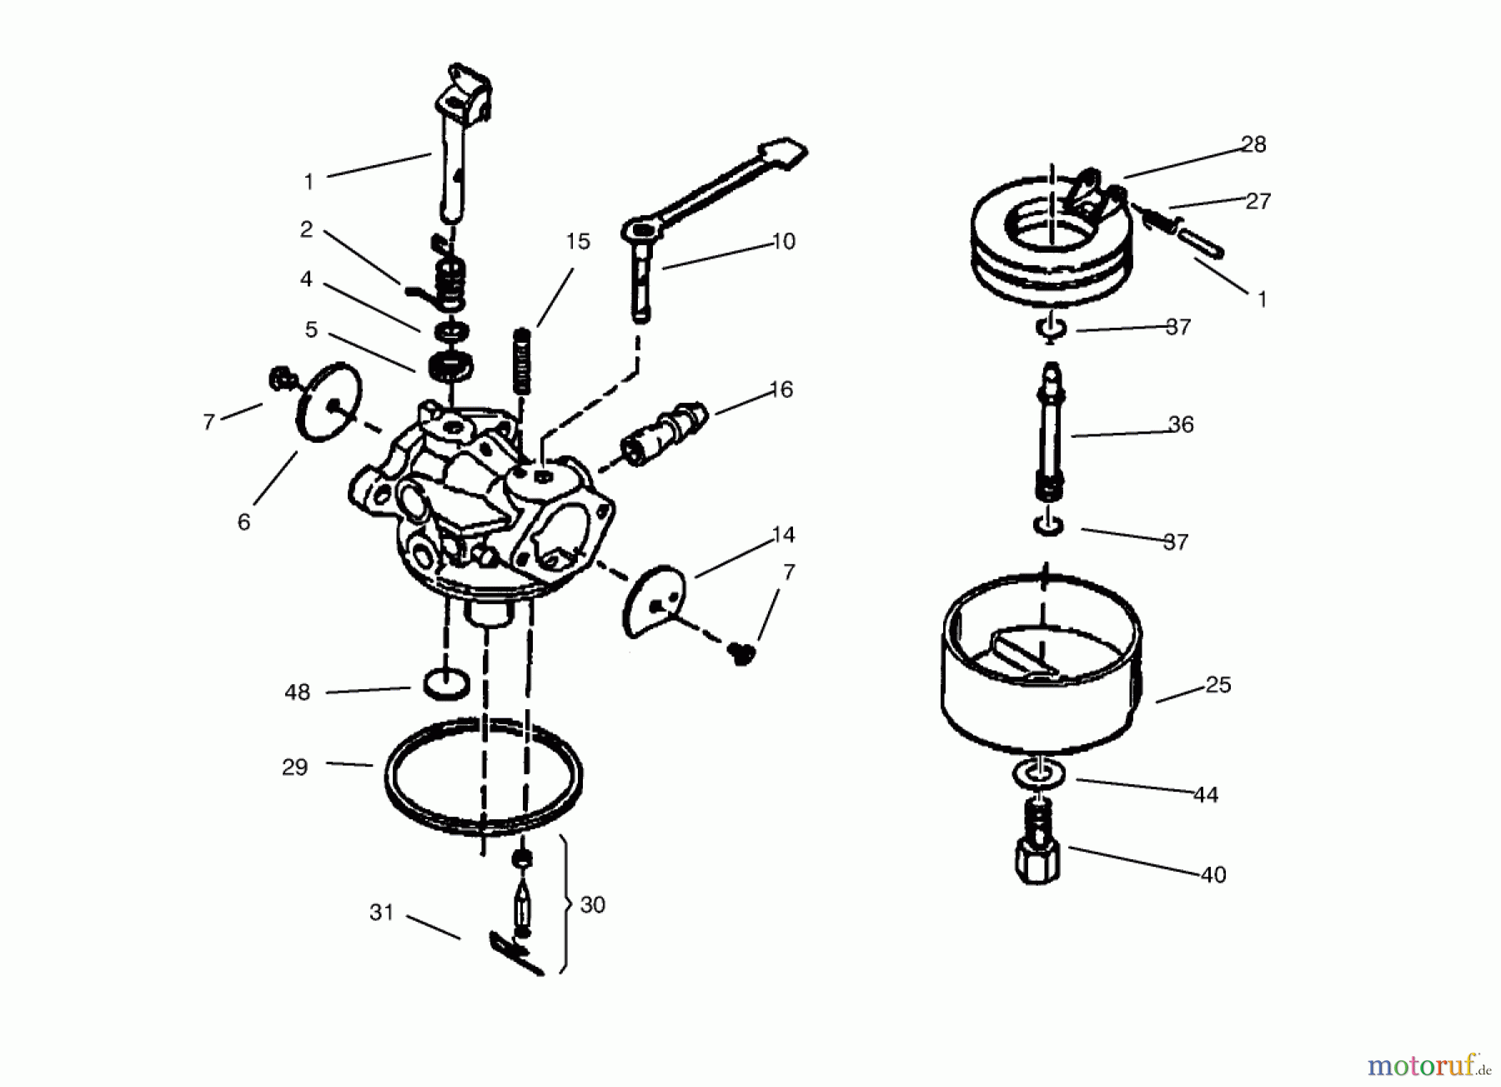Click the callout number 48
(x=297, y=692)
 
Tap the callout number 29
(x=294, y=767)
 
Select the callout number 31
(x=381, y=913)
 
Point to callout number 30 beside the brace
(x=592, y=905)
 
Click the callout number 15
(x=577, y=242)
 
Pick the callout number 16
(x=781, y=390)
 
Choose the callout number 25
(x=1218, y=685)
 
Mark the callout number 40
(x=1213, y=875)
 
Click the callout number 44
(x=1206, y=795)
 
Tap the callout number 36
(x=1181, y=425)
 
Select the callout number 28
(x=1253, y=144)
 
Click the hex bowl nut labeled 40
(x=1038, y=843)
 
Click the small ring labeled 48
(x=447, y=684)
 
